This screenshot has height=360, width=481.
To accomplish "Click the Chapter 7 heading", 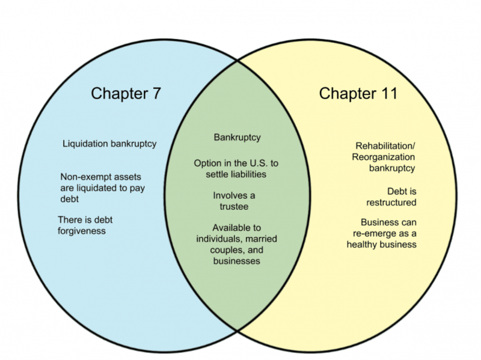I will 126,93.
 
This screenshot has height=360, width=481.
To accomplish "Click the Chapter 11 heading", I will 358,93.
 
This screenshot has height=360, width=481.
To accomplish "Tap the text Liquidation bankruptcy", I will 109,144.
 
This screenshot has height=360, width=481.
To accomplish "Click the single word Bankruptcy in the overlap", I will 237,137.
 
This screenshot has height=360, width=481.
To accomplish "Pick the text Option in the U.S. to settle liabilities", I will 237,169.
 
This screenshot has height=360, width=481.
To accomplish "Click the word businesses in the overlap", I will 237,261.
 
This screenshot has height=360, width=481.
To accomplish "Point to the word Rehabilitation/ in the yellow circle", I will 385,146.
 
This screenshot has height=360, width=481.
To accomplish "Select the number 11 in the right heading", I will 387,93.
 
